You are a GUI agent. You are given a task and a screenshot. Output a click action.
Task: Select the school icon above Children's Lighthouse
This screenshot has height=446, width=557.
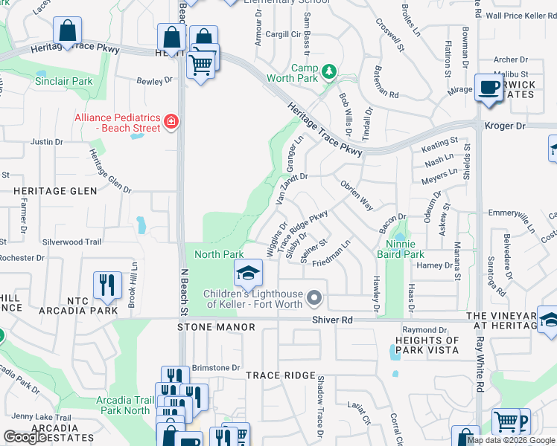click(x=249, y=273)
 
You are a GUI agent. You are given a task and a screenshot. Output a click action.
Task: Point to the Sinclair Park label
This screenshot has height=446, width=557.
click(x=63, y=81)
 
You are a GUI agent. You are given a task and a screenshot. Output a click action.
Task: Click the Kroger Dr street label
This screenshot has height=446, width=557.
click(x=505, y=126)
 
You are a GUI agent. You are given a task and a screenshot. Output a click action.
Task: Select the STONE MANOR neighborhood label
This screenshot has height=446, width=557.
click(x=206, y=327)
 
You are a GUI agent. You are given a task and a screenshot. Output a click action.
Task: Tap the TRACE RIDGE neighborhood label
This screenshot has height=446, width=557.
click(x=281, y=375)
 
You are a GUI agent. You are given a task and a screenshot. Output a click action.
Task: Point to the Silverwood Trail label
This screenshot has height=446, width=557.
click(x=71, y=242)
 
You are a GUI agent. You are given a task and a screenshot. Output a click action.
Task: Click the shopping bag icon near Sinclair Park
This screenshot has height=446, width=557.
click(x=67, y=33)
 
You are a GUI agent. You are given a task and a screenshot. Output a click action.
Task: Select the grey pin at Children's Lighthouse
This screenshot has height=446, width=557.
click(x=314, y=299)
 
